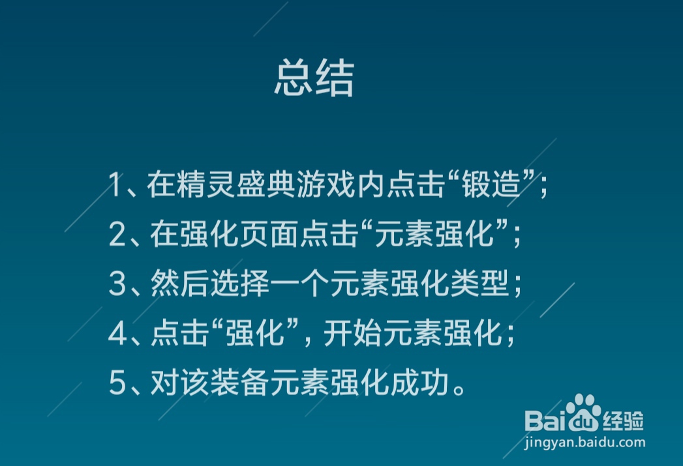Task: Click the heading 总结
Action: click(x=314, y=80)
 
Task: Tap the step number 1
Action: click(x=115, y=186)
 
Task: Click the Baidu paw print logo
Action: click(x=582, y=409)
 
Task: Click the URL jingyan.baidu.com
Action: click(x=584, y=443)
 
